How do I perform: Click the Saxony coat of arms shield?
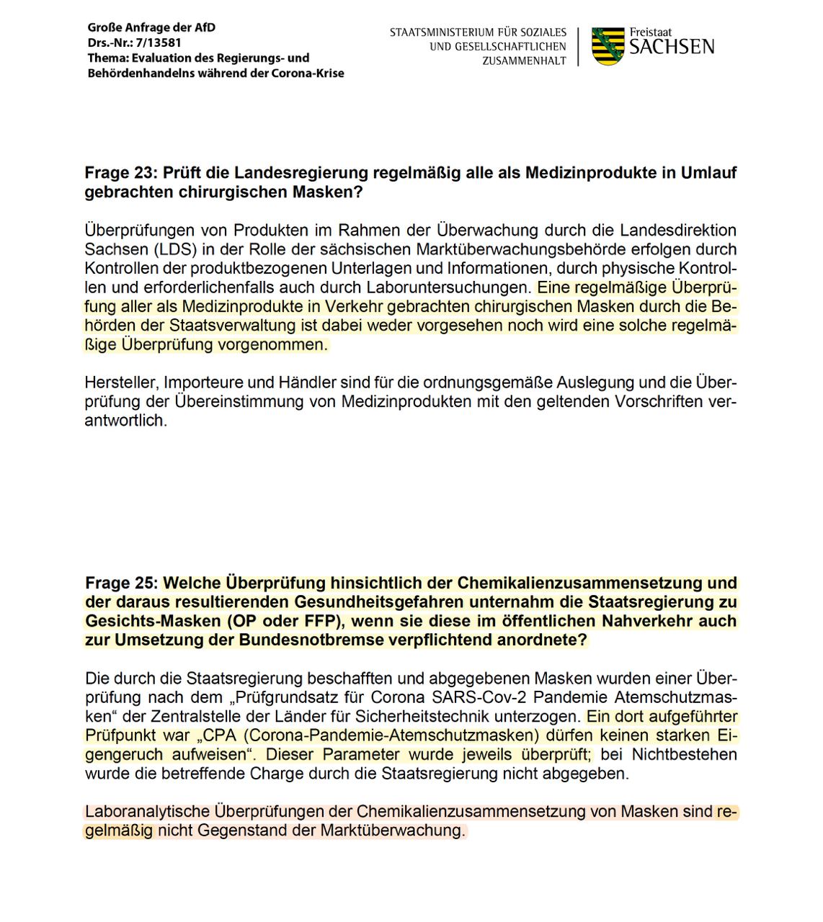pos(608,47)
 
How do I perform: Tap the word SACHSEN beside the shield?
pos(672,48)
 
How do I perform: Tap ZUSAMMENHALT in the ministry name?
pos(524,61)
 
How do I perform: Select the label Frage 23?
pos(120,174)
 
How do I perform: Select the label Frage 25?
pos(121,583)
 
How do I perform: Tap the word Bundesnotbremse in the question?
pos(301,640)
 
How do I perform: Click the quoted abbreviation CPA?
pos(220,735)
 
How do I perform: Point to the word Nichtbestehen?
pos(684,755)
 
